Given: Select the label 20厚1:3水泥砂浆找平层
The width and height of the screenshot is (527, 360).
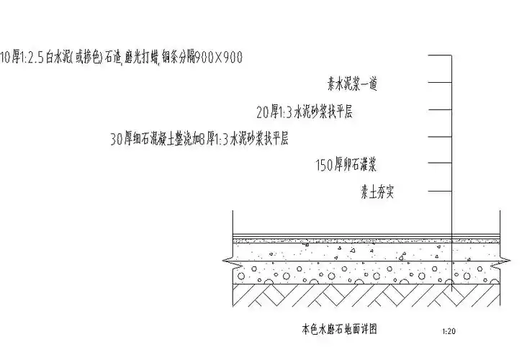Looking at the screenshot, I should pyautogui.click(x=304, y=112).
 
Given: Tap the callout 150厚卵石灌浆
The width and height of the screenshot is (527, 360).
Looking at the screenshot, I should pyautogui.click(x=346, y=166).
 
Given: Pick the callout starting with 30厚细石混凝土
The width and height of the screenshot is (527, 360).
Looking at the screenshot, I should pyautogui.click(x=198, y=139).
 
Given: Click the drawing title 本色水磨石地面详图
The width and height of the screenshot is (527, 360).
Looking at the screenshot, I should pyautogui.click(x=338, y=330).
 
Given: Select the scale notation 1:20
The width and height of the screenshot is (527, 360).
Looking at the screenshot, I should pyautogui.click(x=447, y=332).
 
